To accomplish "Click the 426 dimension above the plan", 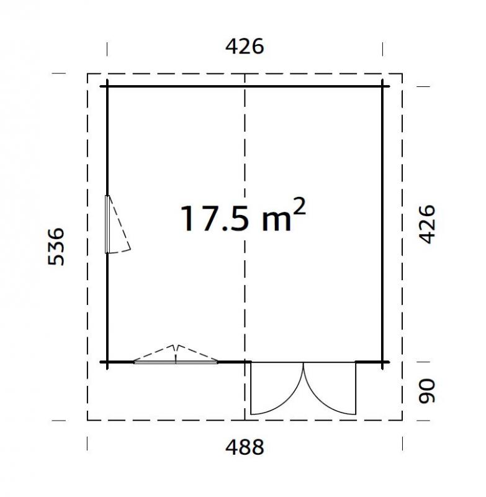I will pos(245,47).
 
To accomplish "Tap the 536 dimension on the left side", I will pos(56,247).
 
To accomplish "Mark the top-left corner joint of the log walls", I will pos(107,86).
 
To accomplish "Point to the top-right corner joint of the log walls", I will pos(383,86).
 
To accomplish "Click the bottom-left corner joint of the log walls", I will pos(107,362).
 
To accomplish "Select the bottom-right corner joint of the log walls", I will pos(383,362).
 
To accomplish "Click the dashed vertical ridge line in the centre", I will pos(246,155).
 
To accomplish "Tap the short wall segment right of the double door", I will pos(370,362).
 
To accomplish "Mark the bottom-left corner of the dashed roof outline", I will pos(88,420).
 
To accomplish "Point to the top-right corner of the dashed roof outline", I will pos(402,74).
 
